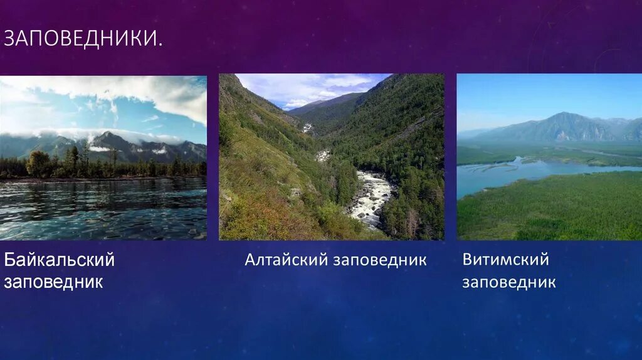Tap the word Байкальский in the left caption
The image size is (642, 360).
(x=60, y=260)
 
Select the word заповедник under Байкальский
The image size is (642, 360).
(x=53, y=282)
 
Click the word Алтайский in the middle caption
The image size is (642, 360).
(x=280, y=260)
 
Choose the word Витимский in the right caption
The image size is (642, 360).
(x=505, y=260)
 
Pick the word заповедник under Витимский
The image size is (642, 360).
(x=508, y=282)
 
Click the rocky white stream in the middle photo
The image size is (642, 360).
(x=372, y=198)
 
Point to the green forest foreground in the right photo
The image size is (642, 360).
(x=552, y=210)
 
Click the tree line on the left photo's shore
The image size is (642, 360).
(x=75, y=166)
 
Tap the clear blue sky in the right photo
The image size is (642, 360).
(x=533, y=94)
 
